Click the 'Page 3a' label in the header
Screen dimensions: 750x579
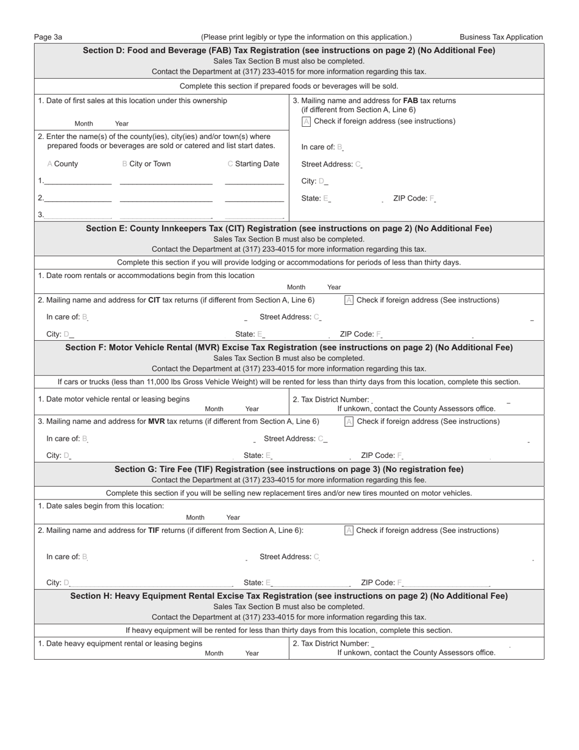(x=48, y=37)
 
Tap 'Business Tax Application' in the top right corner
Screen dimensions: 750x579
(x=501, y=37)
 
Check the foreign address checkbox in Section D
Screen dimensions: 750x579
(x=307, y=121)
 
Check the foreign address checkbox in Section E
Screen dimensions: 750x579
(x=349, y=300)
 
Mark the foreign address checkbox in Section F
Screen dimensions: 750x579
(x=349, y=421)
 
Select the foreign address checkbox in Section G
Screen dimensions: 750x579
(x=349, y=530)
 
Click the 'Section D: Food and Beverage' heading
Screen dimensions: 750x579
(x=289, y=51)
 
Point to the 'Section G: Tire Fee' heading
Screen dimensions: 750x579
(x=289, y=470)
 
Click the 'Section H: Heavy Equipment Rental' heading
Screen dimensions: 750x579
(x=289, y=596)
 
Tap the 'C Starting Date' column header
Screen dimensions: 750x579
(x=254, y=164)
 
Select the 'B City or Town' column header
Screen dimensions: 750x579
(x=147, y=164)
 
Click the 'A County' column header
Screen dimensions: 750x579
(x=63, y=164)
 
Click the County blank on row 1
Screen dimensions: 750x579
(x=78, y=181)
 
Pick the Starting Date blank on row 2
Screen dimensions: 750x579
(x=254, y=198)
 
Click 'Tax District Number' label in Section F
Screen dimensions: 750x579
(x=330, y=399)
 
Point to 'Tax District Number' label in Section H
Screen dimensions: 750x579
(x=330, y=643)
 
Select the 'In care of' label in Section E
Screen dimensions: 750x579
(x=63, y=317)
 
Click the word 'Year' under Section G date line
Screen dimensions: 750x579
(x=233, y=518)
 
